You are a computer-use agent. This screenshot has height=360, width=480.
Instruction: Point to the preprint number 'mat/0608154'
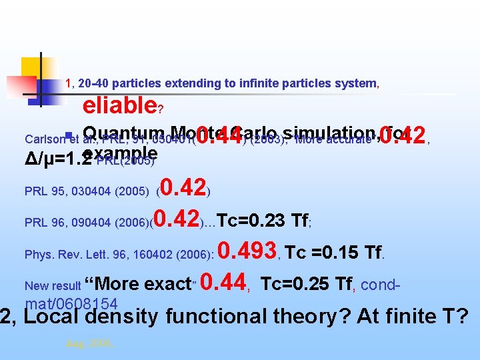pos(71,304)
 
